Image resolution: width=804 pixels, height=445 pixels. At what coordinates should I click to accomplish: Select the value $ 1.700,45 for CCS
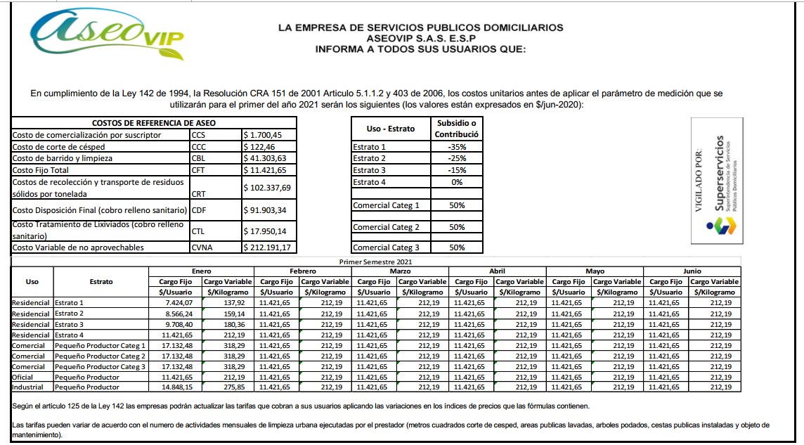tap(268, 135)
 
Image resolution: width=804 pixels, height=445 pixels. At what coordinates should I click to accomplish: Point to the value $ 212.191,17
tap(268, 247)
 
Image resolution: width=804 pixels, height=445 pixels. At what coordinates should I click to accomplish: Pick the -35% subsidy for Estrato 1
tap(457, 147)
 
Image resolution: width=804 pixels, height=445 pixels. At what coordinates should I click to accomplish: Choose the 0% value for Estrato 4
tap(457, 182)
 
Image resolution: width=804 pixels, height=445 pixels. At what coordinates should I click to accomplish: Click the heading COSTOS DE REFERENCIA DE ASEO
tap(153, 122)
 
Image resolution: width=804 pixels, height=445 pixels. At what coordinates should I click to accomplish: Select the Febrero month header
tap(302, 271)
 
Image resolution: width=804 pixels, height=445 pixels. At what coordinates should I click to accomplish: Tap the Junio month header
tap(692, 271)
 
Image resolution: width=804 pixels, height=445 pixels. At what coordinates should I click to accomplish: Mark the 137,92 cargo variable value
tap(228, 303)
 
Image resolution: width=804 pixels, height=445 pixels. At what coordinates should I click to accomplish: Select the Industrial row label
tap(28, 387)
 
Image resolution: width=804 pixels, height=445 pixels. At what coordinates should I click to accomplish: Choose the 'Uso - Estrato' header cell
tap(391, 129)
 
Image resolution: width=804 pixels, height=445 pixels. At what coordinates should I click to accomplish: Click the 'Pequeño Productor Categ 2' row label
tap(100, 356)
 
